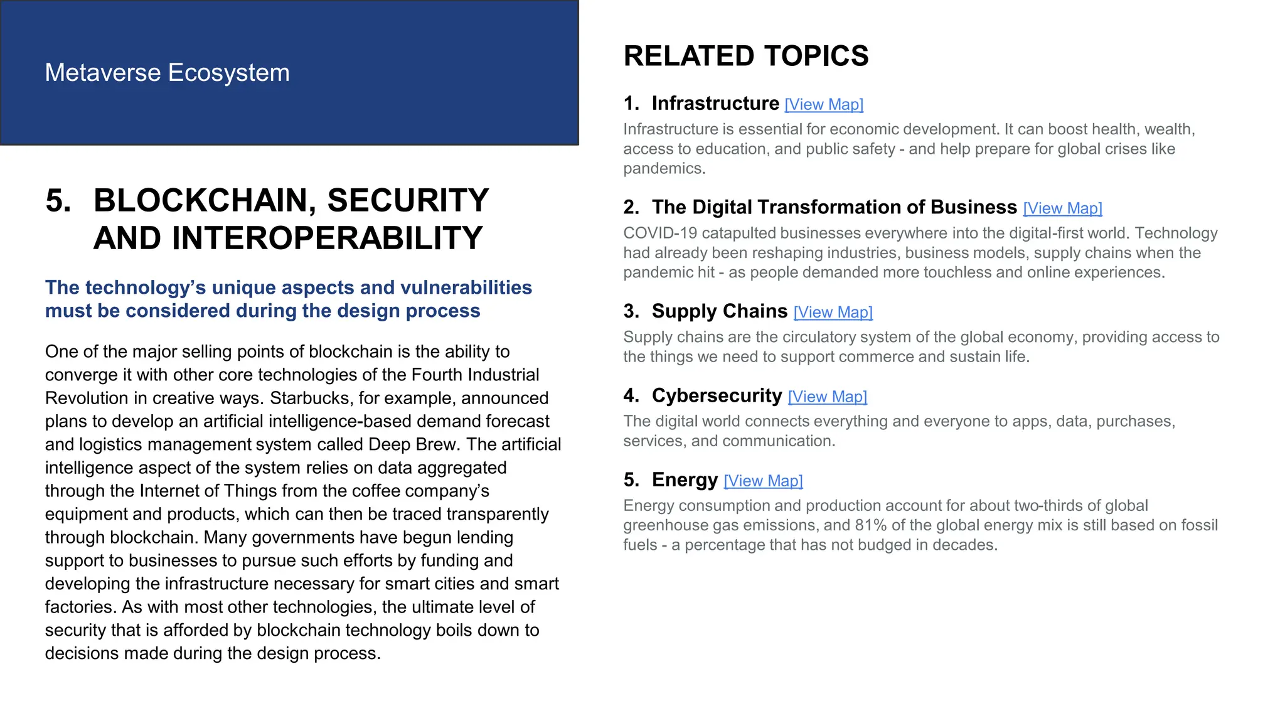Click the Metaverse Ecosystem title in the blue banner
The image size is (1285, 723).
pyautogui.click(x=167, y=73)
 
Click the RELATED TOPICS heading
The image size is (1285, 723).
pyautogui.click(x=745, y=56)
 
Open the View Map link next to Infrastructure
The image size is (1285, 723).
pyautogui.click(x=824, y=105)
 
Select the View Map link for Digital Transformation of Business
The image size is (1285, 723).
pyautogui.click(x=1062, y=208)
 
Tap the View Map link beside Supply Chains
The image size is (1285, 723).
pyautogui.click(x=833, y=313)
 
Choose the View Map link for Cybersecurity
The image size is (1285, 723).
pyautogui.click(x=827, y=397)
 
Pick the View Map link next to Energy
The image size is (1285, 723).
pyautogui.click(x=763, y=481)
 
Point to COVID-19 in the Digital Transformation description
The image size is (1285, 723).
pyautogui.click(x=660, y=233)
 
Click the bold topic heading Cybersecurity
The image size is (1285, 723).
pyautogui.click(x=717, y=395)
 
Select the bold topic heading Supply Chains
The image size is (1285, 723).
pyautogui.click(x=719, y=311)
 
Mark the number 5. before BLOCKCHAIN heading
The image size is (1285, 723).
pyautogui.click(x=58, y=201)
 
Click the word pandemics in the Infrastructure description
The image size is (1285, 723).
pyautogui.click(x=664, y=169)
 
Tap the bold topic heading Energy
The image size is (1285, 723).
pyautogui.click(x=685, y=479)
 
